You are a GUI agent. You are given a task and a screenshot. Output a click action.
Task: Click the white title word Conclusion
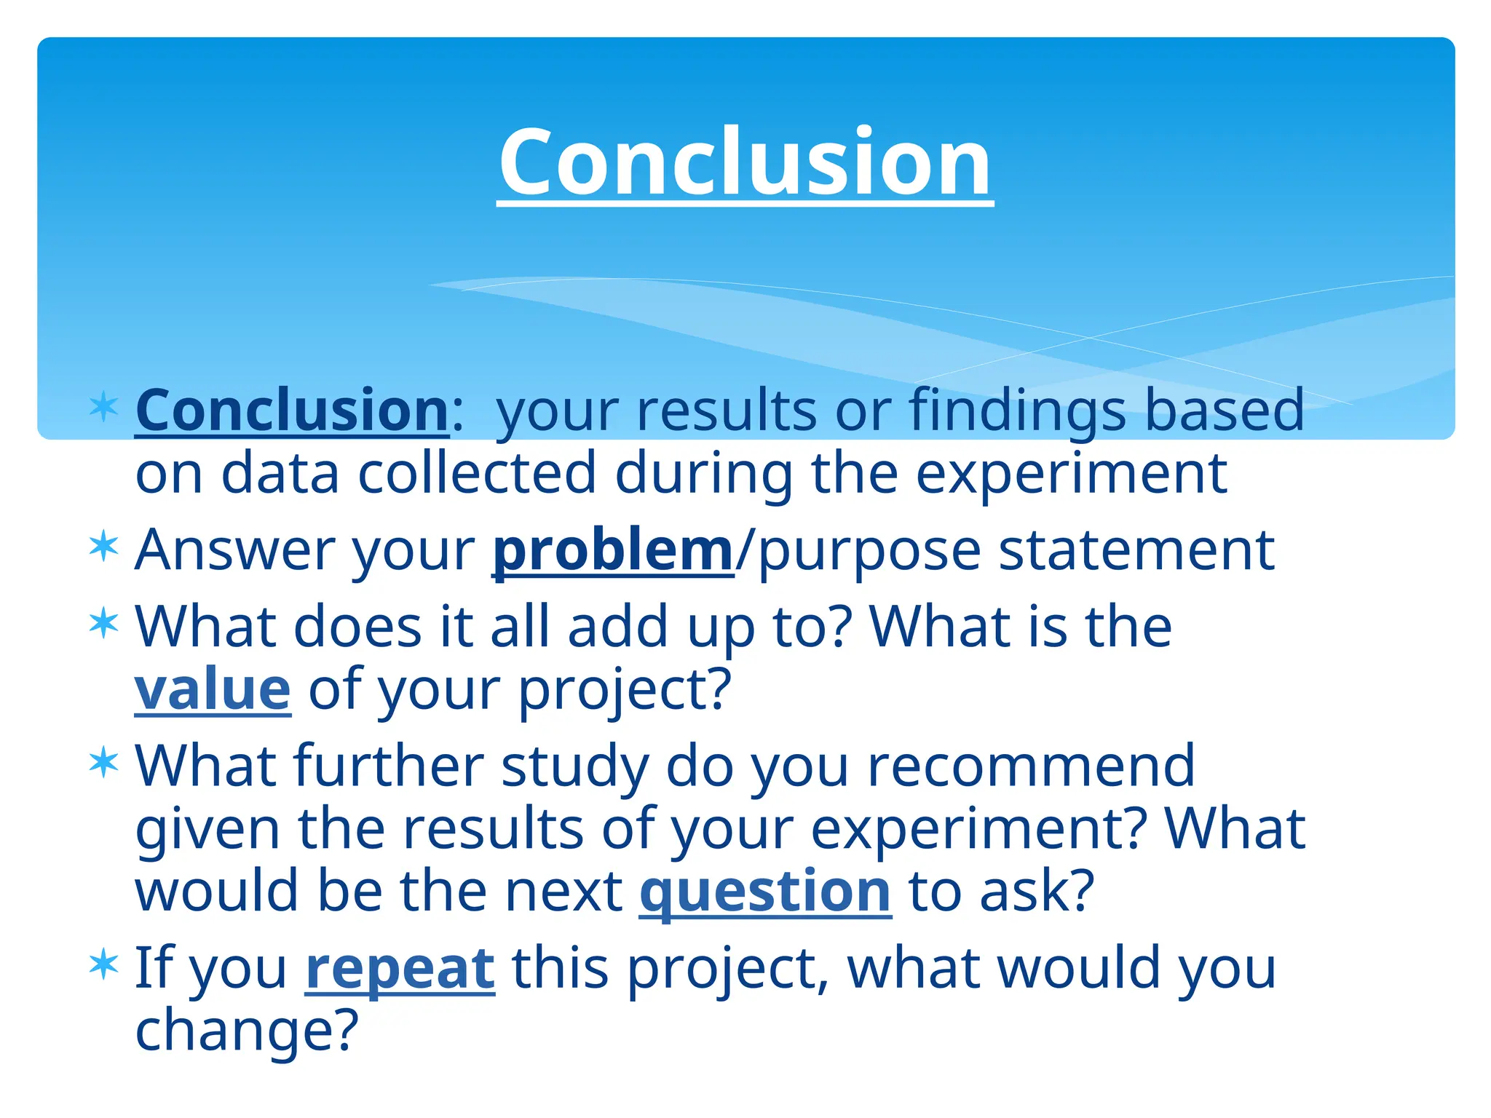[x=745, y=162]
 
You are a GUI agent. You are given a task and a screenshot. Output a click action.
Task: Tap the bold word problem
[x=612, y=550]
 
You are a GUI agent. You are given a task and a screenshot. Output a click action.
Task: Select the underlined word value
[x=213, y=689]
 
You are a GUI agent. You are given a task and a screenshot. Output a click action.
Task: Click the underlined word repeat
[x=400, y=969]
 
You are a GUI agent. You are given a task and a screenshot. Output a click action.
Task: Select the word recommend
[x=1031, y=766]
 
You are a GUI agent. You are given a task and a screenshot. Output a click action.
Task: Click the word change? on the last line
[x=247, y=1030]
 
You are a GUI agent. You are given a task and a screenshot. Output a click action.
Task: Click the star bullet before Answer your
[x=103, y=547]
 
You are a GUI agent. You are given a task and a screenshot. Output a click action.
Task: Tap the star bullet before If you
[x=103, y=965]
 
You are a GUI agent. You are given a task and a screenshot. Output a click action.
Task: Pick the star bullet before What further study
[x=103, y=764]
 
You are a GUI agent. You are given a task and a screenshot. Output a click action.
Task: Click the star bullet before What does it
[x=103, y=624]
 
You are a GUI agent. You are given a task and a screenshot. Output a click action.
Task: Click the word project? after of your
[x=624, y=690]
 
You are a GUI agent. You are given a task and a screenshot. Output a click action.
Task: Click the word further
[x=389, y=766]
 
